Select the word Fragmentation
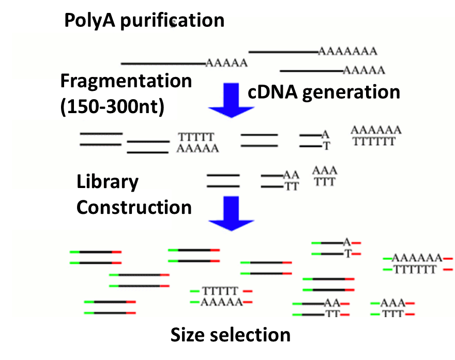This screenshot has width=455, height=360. pyautogui.click(x=126, y=82)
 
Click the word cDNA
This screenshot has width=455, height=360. pyautogui.click(x=272, y=92)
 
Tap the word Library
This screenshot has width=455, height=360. pyautogui.click(x=108, y=182)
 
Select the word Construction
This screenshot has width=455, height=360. pyautogui.click(x=134, y=208)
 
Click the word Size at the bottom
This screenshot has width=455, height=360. pyautogui.click(x=189, y=335)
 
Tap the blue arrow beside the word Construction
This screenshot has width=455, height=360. pyautogui.click(x=231, y=213)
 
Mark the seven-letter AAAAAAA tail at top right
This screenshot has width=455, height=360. pyautogui.click(x=347, y=51)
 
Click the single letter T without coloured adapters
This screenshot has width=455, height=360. pyautogui.click(x=326, y=146)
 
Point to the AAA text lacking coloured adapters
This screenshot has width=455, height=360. pyautogui.click(x=325, y=170)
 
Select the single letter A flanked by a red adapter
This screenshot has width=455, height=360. pyautogui.click(x=347, y=242)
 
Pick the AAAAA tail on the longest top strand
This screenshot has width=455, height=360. pyautogui.click(x=226, y=64)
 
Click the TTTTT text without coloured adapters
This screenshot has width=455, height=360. pyautogui.click(x=196, y=137)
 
